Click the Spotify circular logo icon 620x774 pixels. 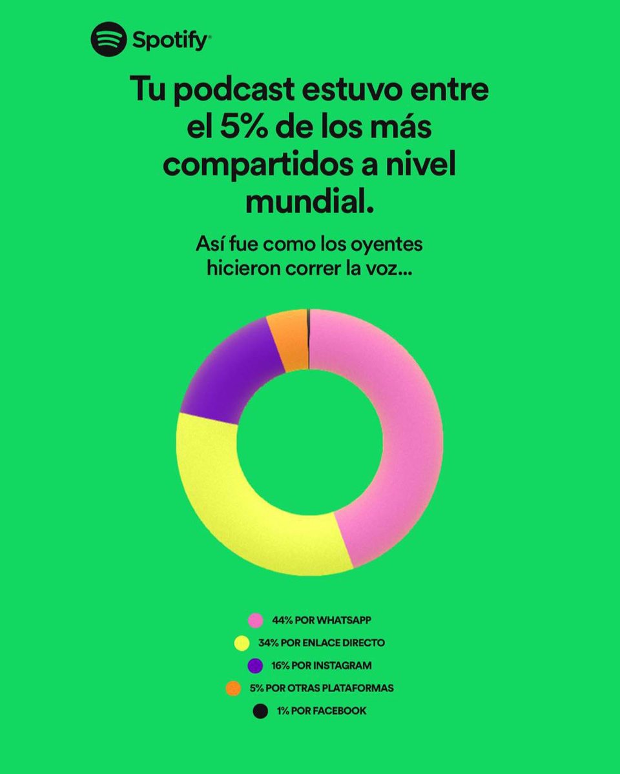coord(108,41)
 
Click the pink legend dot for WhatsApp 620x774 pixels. coord(256,620)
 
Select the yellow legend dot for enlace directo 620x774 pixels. coord(242,643)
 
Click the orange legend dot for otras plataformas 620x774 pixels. coord(233,688)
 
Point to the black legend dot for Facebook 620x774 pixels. coord(260,711)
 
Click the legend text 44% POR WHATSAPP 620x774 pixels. coord(322,620)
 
